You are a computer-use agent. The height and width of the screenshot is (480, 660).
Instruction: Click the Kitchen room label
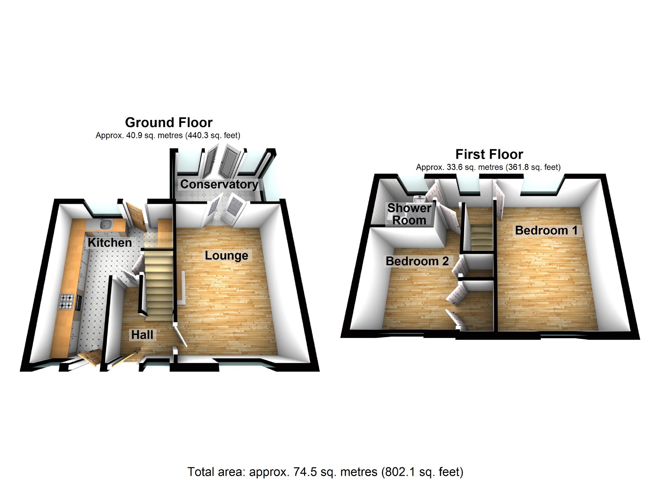[110, 242]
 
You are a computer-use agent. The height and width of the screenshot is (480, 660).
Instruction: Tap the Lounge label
[226, 255]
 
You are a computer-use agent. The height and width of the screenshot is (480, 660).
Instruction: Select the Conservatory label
[219, 184]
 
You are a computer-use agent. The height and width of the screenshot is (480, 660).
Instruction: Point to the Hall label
[142, 335]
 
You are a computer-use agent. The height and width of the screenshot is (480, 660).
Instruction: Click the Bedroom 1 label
[546, 230]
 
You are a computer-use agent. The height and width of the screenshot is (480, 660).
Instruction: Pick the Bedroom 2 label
[417, 261]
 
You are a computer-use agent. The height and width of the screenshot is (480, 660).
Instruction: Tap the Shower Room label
[409, 214]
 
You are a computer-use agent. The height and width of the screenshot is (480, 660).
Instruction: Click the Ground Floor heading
[169, 123]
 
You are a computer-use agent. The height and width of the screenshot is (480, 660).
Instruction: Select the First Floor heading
[489, 154]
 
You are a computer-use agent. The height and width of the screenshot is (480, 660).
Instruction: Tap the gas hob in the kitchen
[66, 301]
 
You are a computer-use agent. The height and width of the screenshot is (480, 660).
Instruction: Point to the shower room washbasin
[419, 198]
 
